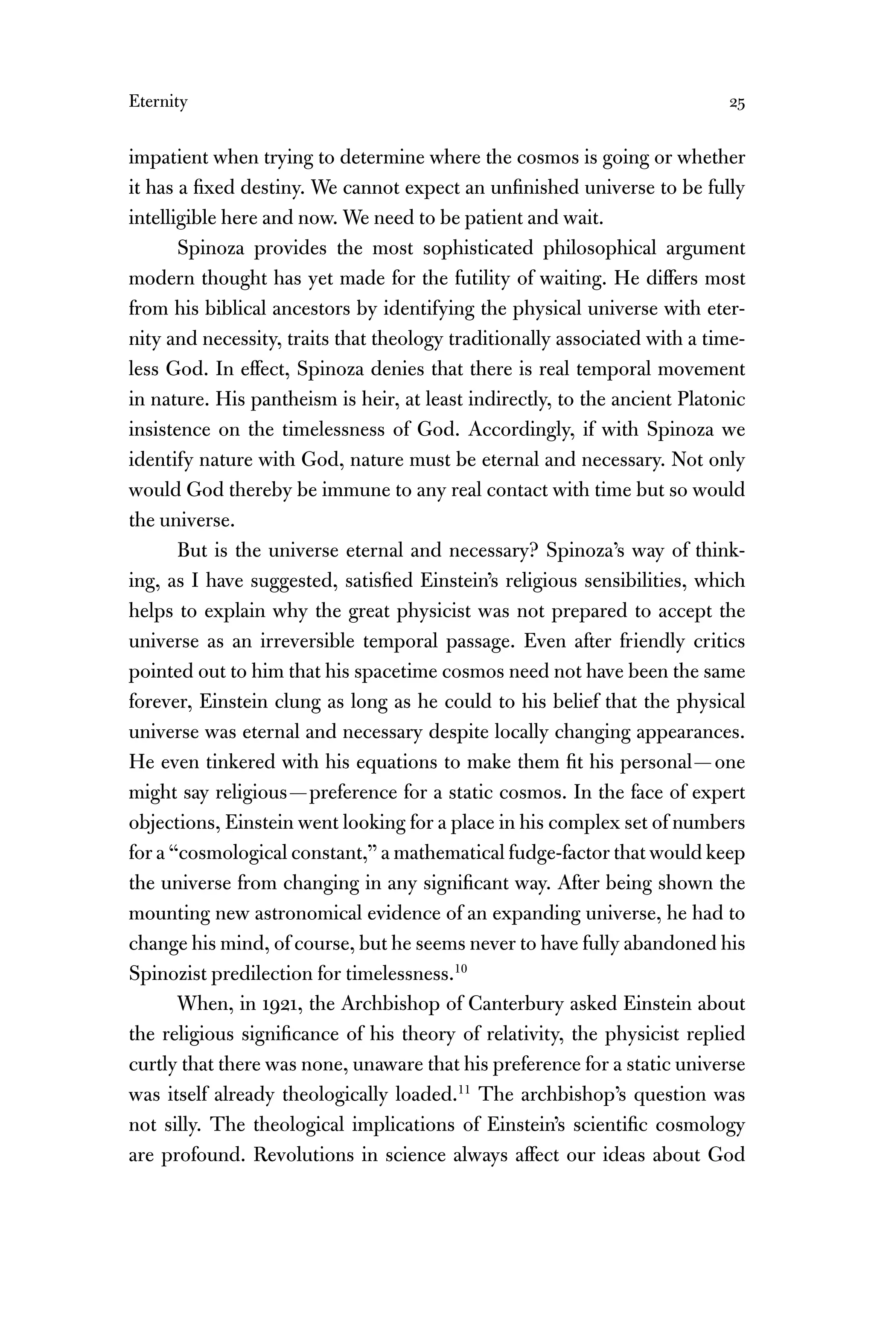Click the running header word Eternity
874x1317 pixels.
pyautogui.click(x=158, y=102)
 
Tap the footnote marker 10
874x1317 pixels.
pyautogui.click(x=460, y=969)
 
